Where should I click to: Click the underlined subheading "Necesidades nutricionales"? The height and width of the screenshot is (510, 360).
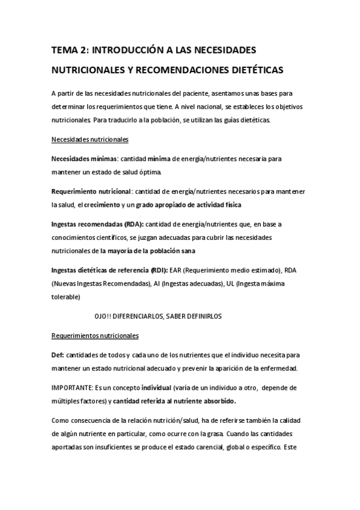[90, 140]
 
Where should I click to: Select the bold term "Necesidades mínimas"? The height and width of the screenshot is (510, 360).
[84, 159]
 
